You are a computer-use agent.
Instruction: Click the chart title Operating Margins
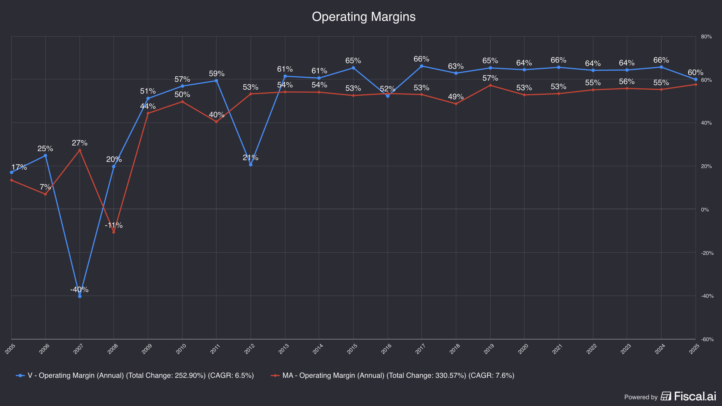363,17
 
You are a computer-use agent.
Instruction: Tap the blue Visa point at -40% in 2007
80,296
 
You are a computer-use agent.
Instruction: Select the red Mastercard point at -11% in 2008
114,232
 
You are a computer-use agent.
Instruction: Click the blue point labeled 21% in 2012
251,165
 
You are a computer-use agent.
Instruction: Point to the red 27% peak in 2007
80,150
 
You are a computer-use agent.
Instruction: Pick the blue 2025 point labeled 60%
696,79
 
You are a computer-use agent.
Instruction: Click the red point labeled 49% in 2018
456,104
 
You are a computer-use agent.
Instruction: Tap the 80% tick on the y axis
706,37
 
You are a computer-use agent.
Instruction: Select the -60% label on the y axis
707,339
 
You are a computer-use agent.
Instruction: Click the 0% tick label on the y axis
705,210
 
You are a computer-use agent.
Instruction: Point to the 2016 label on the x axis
387,349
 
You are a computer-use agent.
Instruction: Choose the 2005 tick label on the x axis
10,349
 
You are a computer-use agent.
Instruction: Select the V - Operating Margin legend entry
135,375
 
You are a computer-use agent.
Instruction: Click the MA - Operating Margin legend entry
393,375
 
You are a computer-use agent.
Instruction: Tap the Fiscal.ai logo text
695,396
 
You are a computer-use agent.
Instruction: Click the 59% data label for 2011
217,74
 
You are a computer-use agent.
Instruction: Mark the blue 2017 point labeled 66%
421,66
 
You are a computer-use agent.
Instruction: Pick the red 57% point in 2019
490,85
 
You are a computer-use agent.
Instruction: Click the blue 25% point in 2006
45,156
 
